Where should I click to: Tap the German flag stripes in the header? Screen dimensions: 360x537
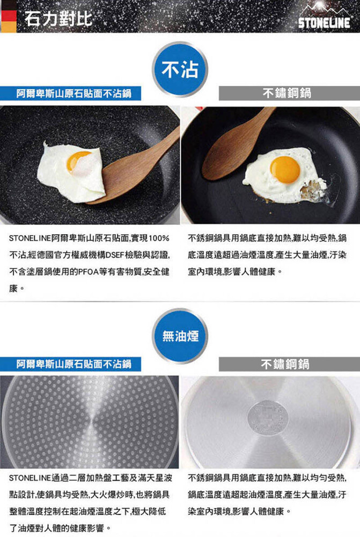[x=8, y=16]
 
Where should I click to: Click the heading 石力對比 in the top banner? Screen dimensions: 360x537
[x=58, y=18]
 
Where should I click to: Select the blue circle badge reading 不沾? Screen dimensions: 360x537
[x=180, y=69]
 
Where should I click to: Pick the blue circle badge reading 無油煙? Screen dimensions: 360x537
[x=180, y=336]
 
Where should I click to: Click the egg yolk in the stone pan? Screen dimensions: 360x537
[x=78, y=161]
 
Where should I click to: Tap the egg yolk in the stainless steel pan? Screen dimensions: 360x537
[x=285, y=170]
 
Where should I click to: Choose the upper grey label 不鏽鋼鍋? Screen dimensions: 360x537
[x=289, y=93]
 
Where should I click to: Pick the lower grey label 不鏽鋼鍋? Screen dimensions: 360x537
[x=289, y=364]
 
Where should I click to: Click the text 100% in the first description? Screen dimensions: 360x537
[x=159, y=238]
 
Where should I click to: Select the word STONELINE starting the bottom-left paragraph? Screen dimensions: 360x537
[x=30, y=478]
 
